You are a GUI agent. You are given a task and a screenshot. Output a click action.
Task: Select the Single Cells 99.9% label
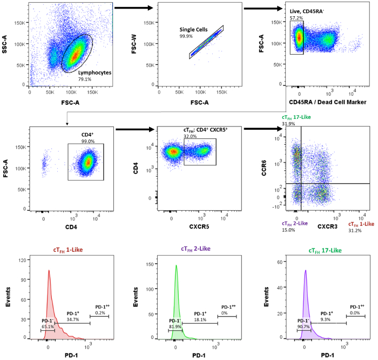[x=194, y=33]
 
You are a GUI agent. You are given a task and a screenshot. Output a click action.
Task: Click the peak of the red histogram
[x=49, y=271]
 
